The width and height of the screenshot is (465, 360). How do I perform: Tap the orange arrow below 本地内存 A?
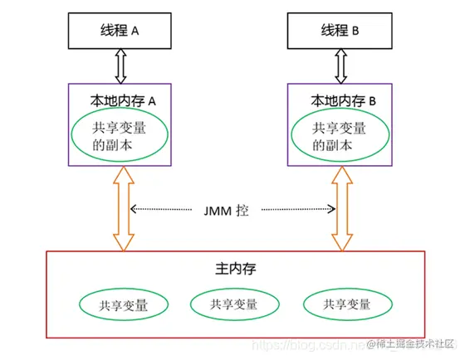pyautogui.click(x=123, y=207)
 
